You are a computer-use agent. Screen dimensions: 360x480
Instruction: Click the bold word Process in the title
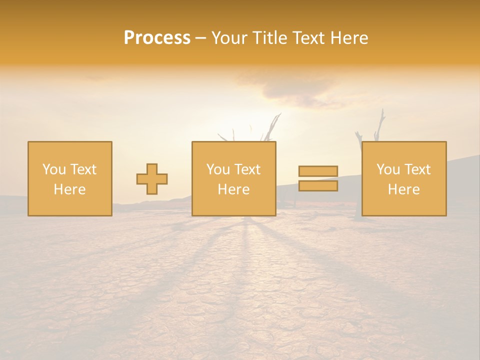(x=157, y=38)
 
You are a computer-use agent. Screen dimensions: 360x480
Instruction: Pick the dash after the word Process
(x=200, y=38)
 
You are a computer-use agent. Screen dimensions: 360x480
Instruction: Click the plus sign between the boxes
(x=152, y=179)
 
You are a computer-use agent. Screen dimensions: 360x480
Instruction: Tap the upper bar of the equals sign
(x=318, y=171)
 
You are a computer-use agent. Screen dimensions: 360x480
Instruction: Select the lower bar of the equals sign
(x=318, y=186)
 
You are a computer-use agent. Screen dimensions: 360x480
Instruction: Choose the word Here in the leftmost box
(x=69, y=189)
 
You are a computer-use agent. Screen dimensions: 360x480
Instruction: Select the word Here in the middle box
(x=233, y=189)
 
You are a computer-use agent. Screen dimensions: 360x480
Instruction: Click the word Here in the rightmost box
(x=403, y=189)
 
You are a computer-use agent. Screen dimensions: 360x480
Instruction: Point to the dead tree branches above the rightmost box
(x=378, y=127)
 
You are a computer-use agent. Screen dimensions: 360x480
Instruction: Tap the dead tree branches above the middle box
(x=270, y=128)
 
